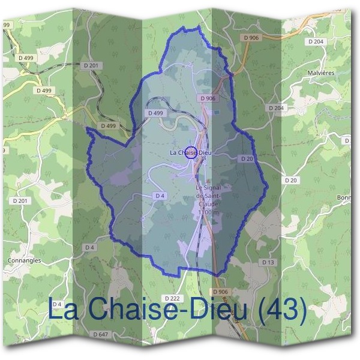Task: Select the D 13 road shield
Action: coord(268,263)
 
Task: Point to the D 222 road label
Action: coord(171,298)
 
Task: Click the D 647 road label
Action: coord(101,334)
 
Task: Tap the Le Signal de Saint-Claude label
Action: coord(208,196)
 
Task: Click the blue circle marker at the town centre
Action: coord(190,152)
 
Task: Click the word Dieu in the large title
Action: coord(208,310)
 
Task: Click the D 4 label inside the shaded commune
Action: coord(160,196)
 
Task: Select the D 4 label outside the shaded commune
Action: coord(90,247)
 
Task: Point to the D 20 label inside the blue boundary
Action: coord(247,159)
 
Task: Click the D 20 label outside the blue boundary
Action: coord(291,180)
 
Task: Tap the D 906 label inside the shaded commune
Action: coord(208,98)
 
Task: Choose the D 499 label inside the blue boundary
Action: coord(155,113)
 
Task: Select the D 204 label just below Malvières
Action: coord(276,107)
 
